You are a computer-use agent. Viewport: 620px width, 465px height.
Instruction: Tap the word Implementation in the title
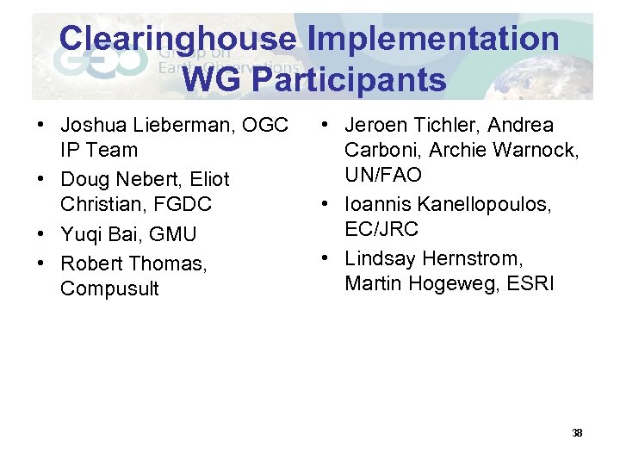click(433, 38)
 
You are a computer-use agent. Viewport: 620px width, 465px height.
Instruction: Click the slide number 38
click(577, 432)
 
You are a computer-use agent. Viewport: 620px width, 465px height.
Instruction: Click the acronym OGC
click(265, 126)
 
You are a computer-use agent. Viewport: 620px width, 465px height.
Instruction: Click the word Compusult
click(109, 288)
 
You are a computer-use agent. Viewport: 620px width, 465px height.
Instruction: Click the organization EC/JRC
click(381, 230)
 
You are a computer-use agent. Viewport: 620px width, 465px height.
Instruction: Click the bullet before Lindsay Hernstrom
click(326, 258)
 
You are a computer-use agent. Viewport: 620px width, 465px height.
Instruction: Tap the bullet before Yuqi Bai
click(41, 234)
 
